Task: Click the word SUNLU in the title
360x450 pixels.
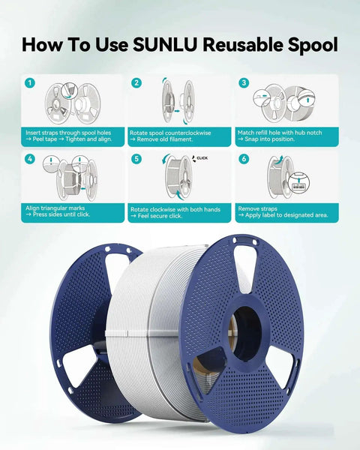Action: tap(165, 45)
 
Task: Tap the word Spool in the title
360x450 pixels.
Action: tap(313, 45)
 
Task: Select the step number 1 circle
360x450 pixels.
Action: tap(30, 83)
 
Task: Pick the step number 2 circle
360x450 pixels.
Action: tap(136, 83)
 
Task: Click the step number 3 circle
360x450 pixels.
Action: tap(244, 83)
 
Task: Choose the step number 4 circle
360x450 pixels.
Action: tap(30, 159)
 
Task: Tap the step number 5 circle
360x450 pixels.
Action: tap(136, 159)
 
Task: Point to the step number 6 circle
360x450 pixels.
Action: tap(244, 159)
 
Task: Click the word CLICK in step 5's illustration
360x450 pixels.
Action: tap(202, 157)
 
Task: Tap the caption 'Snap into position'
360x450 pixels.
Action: tap(270, 139)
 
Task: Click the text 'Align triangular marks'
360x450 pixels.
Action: tap(55, 208)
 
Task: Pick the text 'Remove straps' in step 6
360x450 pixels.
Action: tap(257, 208)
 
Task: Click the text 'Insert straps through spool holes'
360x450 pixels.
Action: tap(68, 133)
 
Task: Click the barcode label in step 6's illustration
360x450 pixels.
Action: tap(299, 186)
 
